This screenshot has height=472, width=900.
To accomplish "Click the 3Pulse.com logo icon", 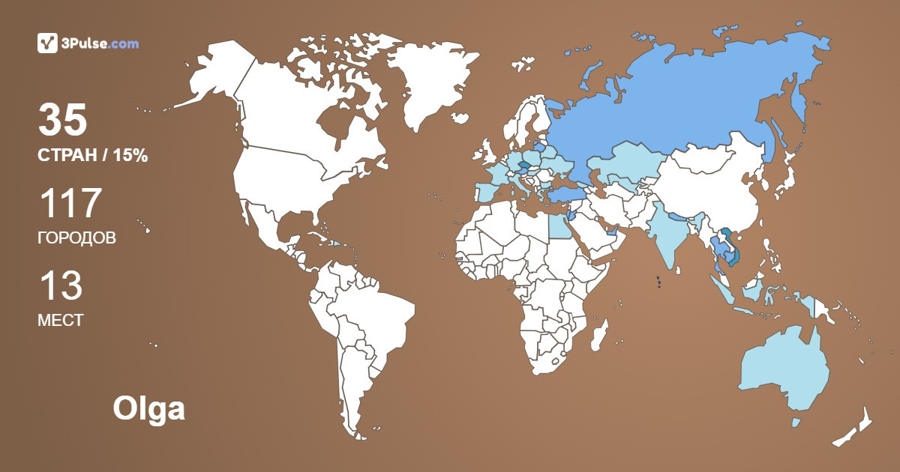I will tap(47, 43).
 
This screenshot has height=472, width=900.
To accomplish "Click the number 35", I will tap(63, 121).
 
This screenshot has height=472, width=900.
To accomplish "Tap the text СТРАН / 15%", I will tap(92, 156).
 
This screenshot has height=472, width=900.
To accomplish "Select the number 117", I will tap(70, 204).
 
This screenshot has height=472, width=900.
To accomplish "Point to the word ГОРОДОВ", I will tap(76, 238).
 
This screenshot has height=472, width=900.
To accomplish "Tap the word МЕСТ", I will tap(60, 321).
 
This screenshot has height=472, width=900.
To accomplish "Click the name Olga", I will tap(148, 409).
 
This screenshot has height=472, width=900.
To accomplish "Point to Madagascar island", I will tap(598, 334).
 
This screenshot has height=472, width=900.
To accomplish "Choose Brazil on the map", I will tap(375, 307).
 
